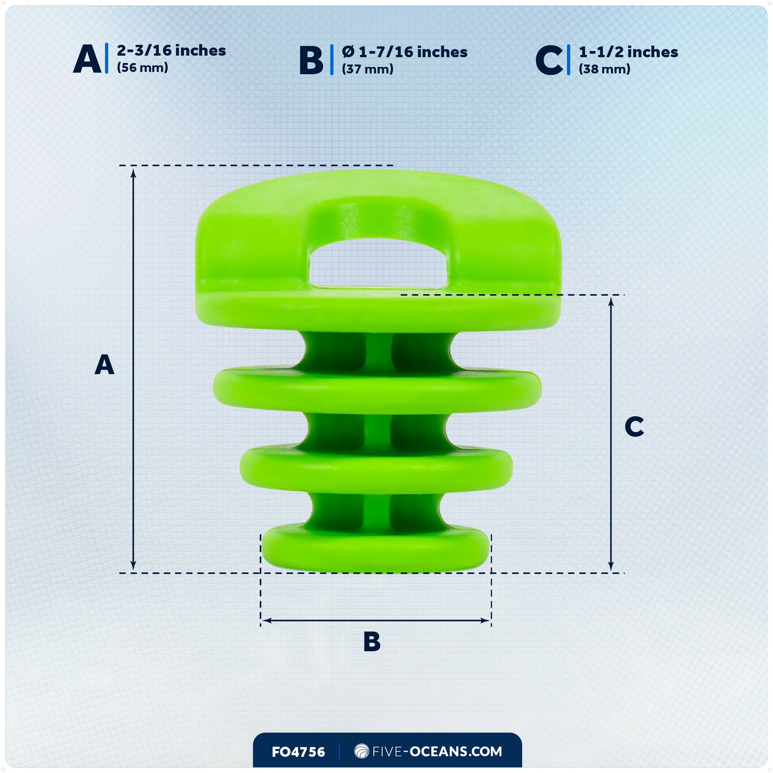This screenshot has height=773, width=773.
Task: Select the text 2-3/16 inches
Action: pyautogui.click(x=171, y=50)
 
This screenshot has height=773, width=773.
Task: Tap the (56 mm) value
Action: pyautogui.click(x=143, y=68)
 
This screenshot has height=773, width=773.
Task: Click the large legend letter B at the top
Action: pyautogui.click(x=311, y=60)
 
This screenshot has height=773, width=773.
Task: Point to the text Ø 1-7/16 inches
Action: pyautogui.click(x=405, y=52)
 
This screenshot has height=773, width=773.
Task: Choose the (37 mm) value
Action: pyautogui.click(x=368, y=69)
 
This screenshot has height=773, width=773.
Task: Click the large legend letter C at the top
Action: pyautogui.click(x=549, y=60)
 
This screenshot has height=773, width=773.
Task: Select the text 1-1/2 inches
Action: pyautogui.click(x=628, y=52)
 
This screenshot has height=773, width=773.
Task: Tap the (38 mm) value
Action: pyautogui.click(x=604, y=69)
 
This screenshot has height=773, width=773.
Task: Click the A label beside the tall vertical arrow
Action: pyautogui.click(x=104, y=364)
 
